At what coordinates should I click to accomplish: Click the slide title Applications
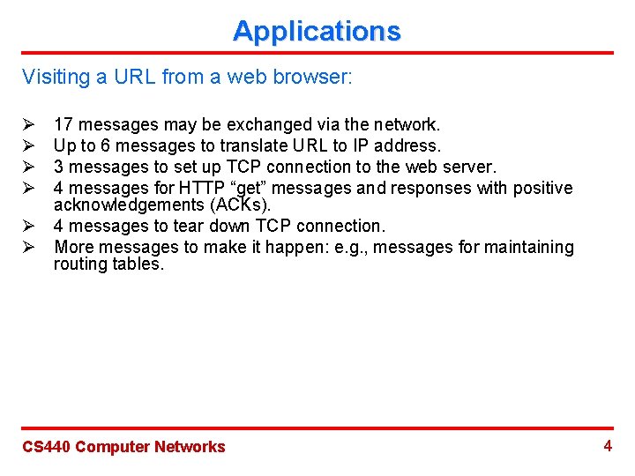coord(317,31)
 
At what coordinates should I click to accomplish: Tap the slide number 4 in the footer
coord(608,445)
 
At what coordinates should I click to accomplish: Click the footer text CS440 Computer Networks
coord(123,447)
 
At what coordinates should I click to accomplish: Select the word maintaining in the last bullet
coord(528,248)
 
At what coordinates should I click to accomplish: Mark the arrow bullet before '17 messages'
coord(27,124)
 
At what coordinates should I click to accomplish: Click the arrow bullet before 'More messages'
coord(27,248)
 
